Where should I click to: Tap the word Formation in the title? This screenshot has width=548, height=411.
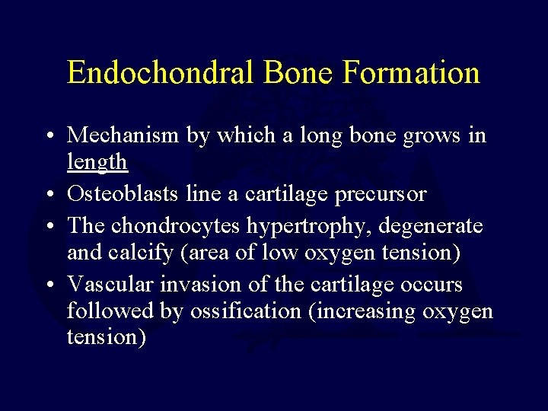click(411, 73)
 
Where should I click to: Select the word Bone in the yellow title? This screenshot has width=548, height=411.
click(298, 73)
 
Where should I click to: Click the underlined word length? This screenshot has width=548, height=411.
click(97, 161)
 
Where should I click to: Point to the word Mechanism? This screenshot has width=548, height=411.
click(121, 135)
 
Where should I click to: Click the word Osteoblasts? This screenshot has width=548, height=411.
click(123, 194)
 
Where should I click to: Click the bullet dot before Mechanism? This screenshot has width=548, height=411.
click(49, 136)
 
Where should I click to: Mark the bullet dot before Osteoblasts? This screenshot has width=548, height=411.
click(49, 195)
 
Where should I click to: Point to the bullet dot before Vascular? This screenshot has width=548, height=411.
click(49, 285)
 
